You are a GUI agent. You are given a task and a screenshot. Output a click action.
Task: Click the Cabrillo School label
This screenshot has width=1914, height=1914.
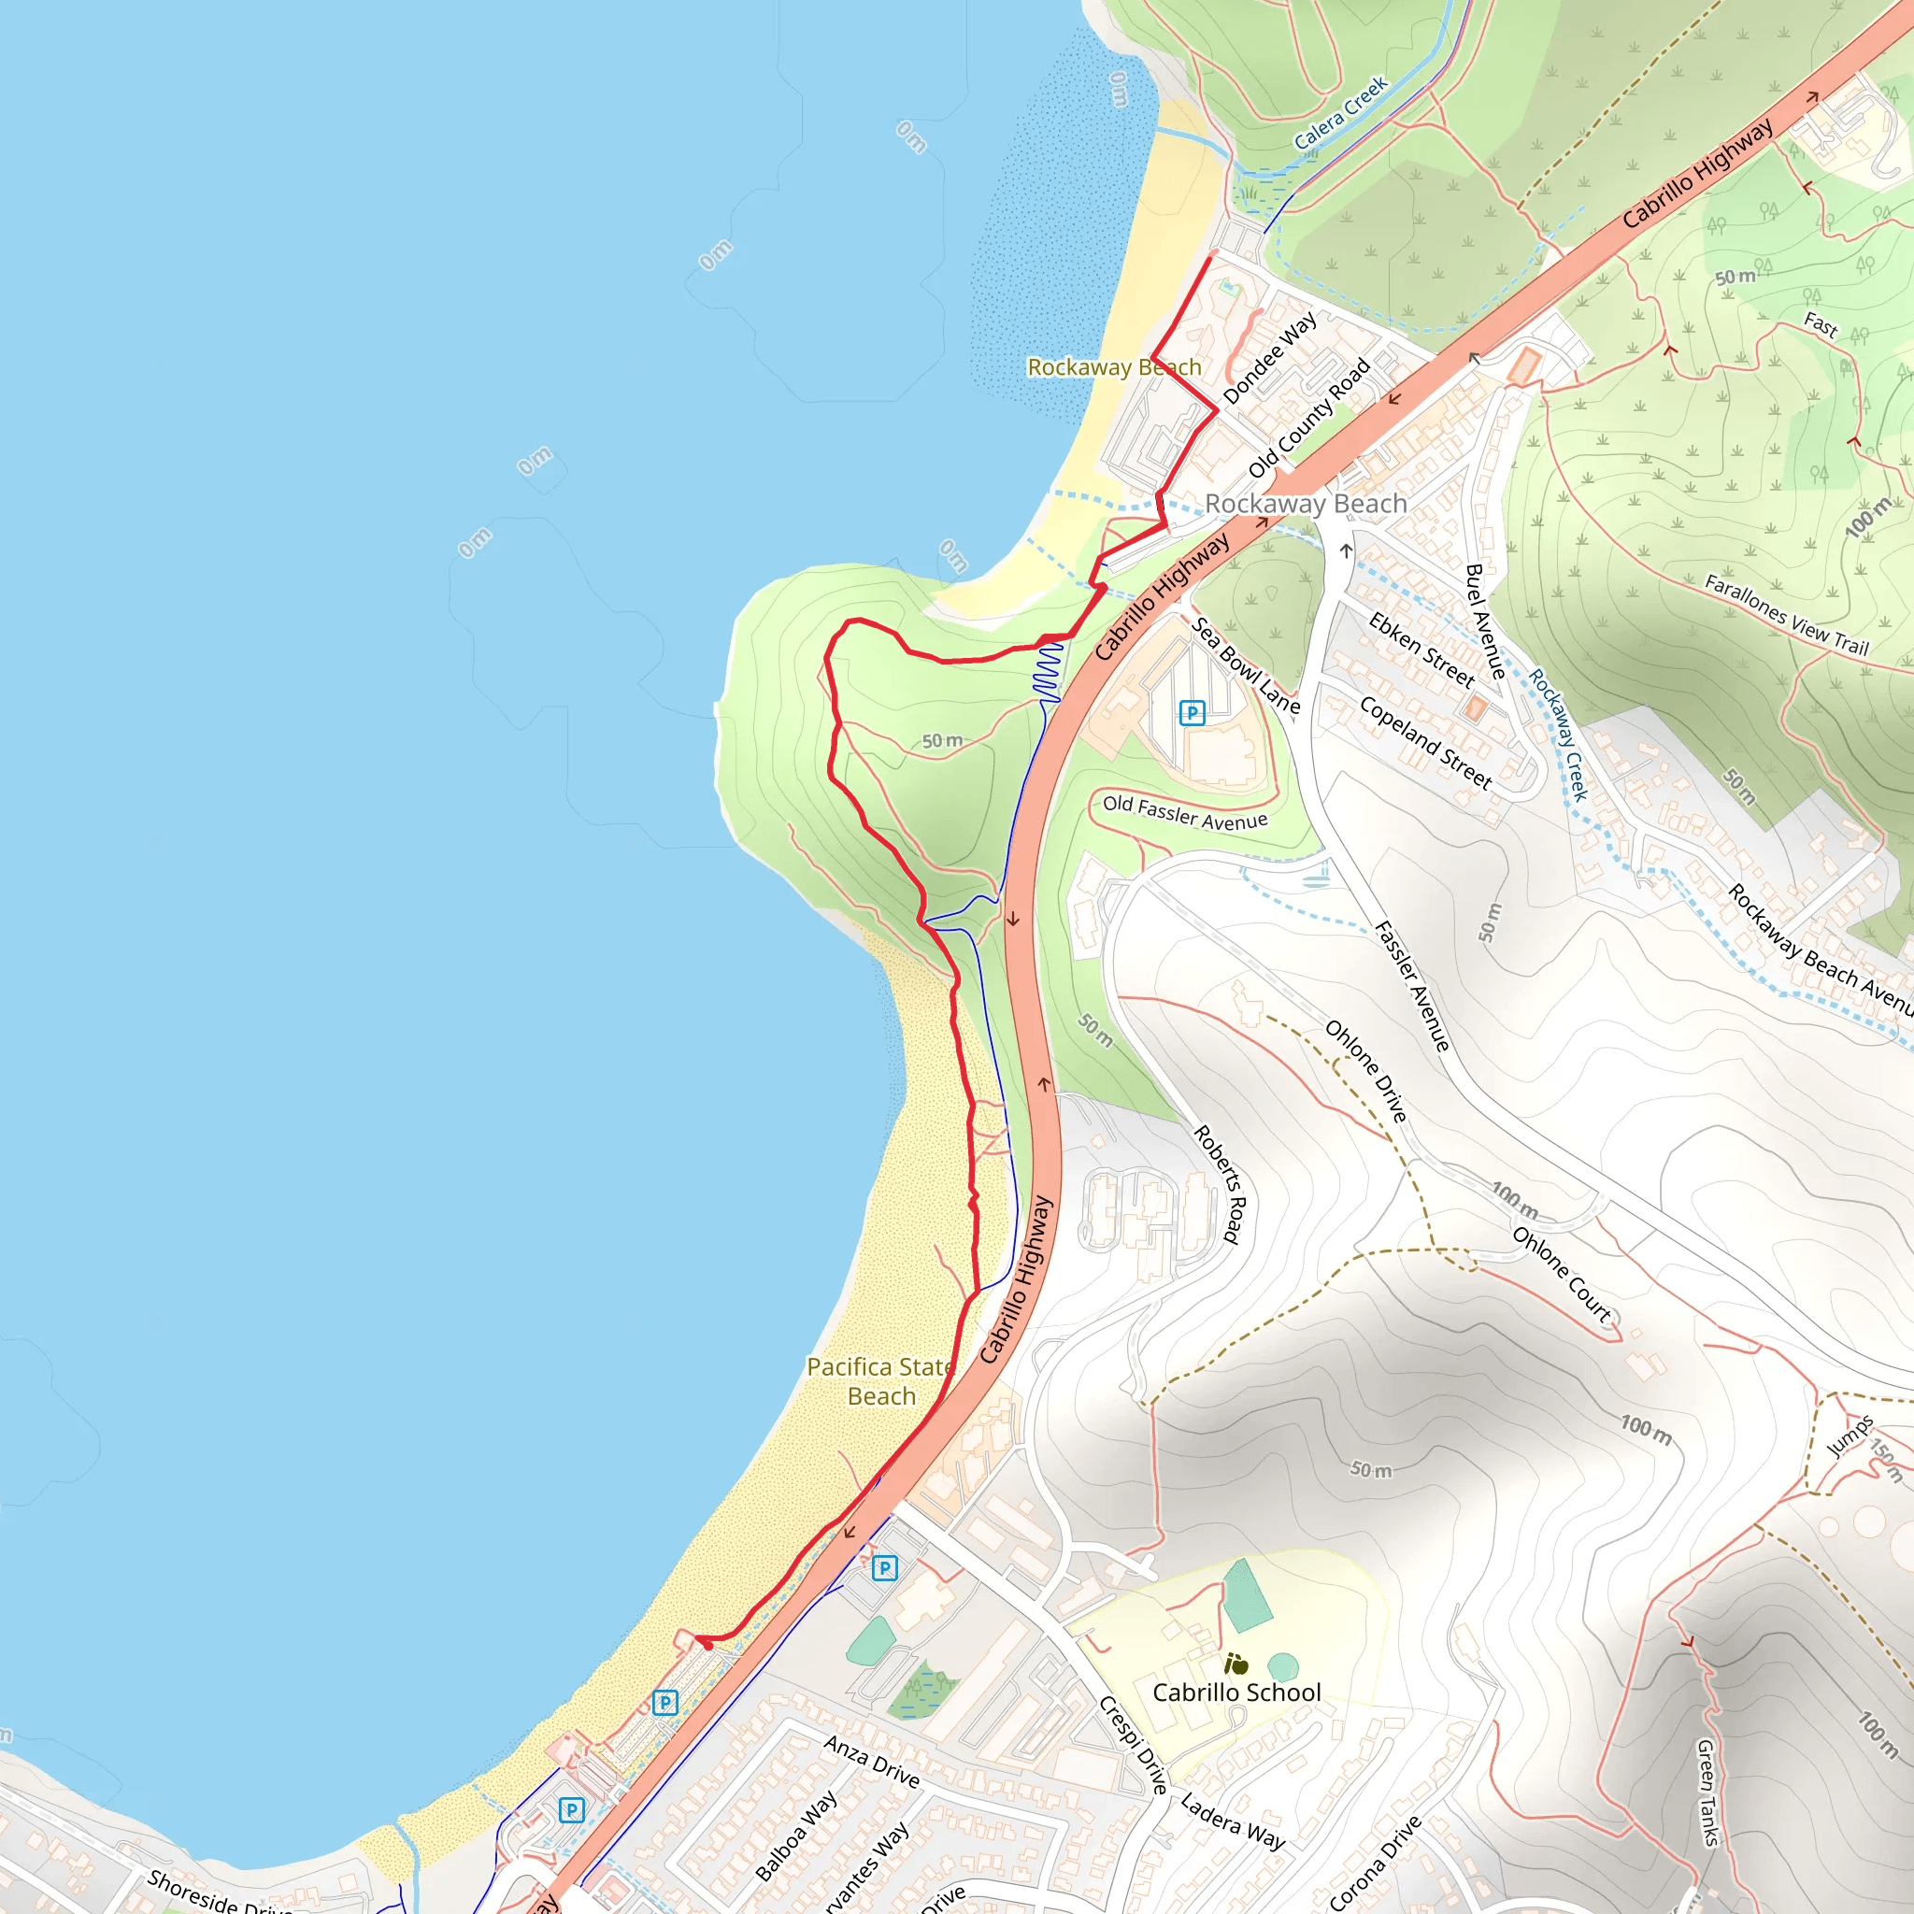pos(1236,1693)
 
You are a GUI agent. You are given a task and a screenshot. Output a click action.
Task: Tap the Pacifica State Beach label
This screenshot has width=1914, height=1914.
pos(880,1381)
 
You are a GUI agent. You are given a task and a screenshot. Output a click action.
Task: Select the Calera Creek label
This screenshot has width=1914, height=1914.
pos(1341,113)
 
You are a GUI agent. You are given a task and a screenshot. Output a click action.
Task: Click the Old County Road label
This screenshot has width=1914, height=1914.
pos(1308,417)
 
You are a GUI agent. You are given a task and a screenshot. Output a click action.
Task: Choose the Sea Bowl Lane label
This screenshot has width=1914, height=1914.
pos(1245,665)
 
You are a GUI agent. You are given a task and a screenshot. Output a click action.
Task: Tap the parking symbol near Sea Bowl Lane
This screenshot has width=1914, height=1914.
pos(1192,712)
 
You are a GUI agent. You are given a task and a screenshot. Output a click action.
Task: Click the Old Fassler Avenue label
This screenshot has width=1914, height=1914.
pos(1185,812)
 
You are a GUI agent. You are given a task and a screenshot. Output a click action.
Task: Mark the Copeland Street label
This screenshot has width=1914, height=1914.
pos(1425,742)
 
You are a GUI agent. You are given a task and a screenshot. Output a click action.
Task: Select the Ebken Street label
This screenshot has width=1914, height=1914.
pos(1421,650)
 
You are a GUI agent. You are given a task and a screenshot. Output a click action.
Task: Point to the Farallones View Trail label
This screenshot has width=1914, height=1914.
pos(1786,615)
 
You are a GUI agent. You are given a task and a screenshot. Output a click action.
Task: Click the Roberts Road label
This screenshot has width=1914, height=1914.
pos(1217,1184)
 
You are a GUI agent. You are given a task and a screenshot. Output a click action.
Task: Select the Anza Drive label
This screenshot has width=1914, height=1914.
pos(872,1761)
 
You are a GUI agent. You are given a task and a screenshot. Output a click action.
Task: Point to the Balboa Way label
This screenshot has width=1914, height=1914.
pos(795,1835)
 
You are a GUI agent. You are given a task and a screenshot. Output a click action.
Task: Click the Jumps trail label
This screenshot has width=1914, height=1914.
pos(1849,1435)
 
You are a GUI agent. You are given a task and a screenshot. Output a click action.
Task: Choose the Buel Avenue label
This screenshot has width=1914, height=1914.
pos(1485,621)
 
